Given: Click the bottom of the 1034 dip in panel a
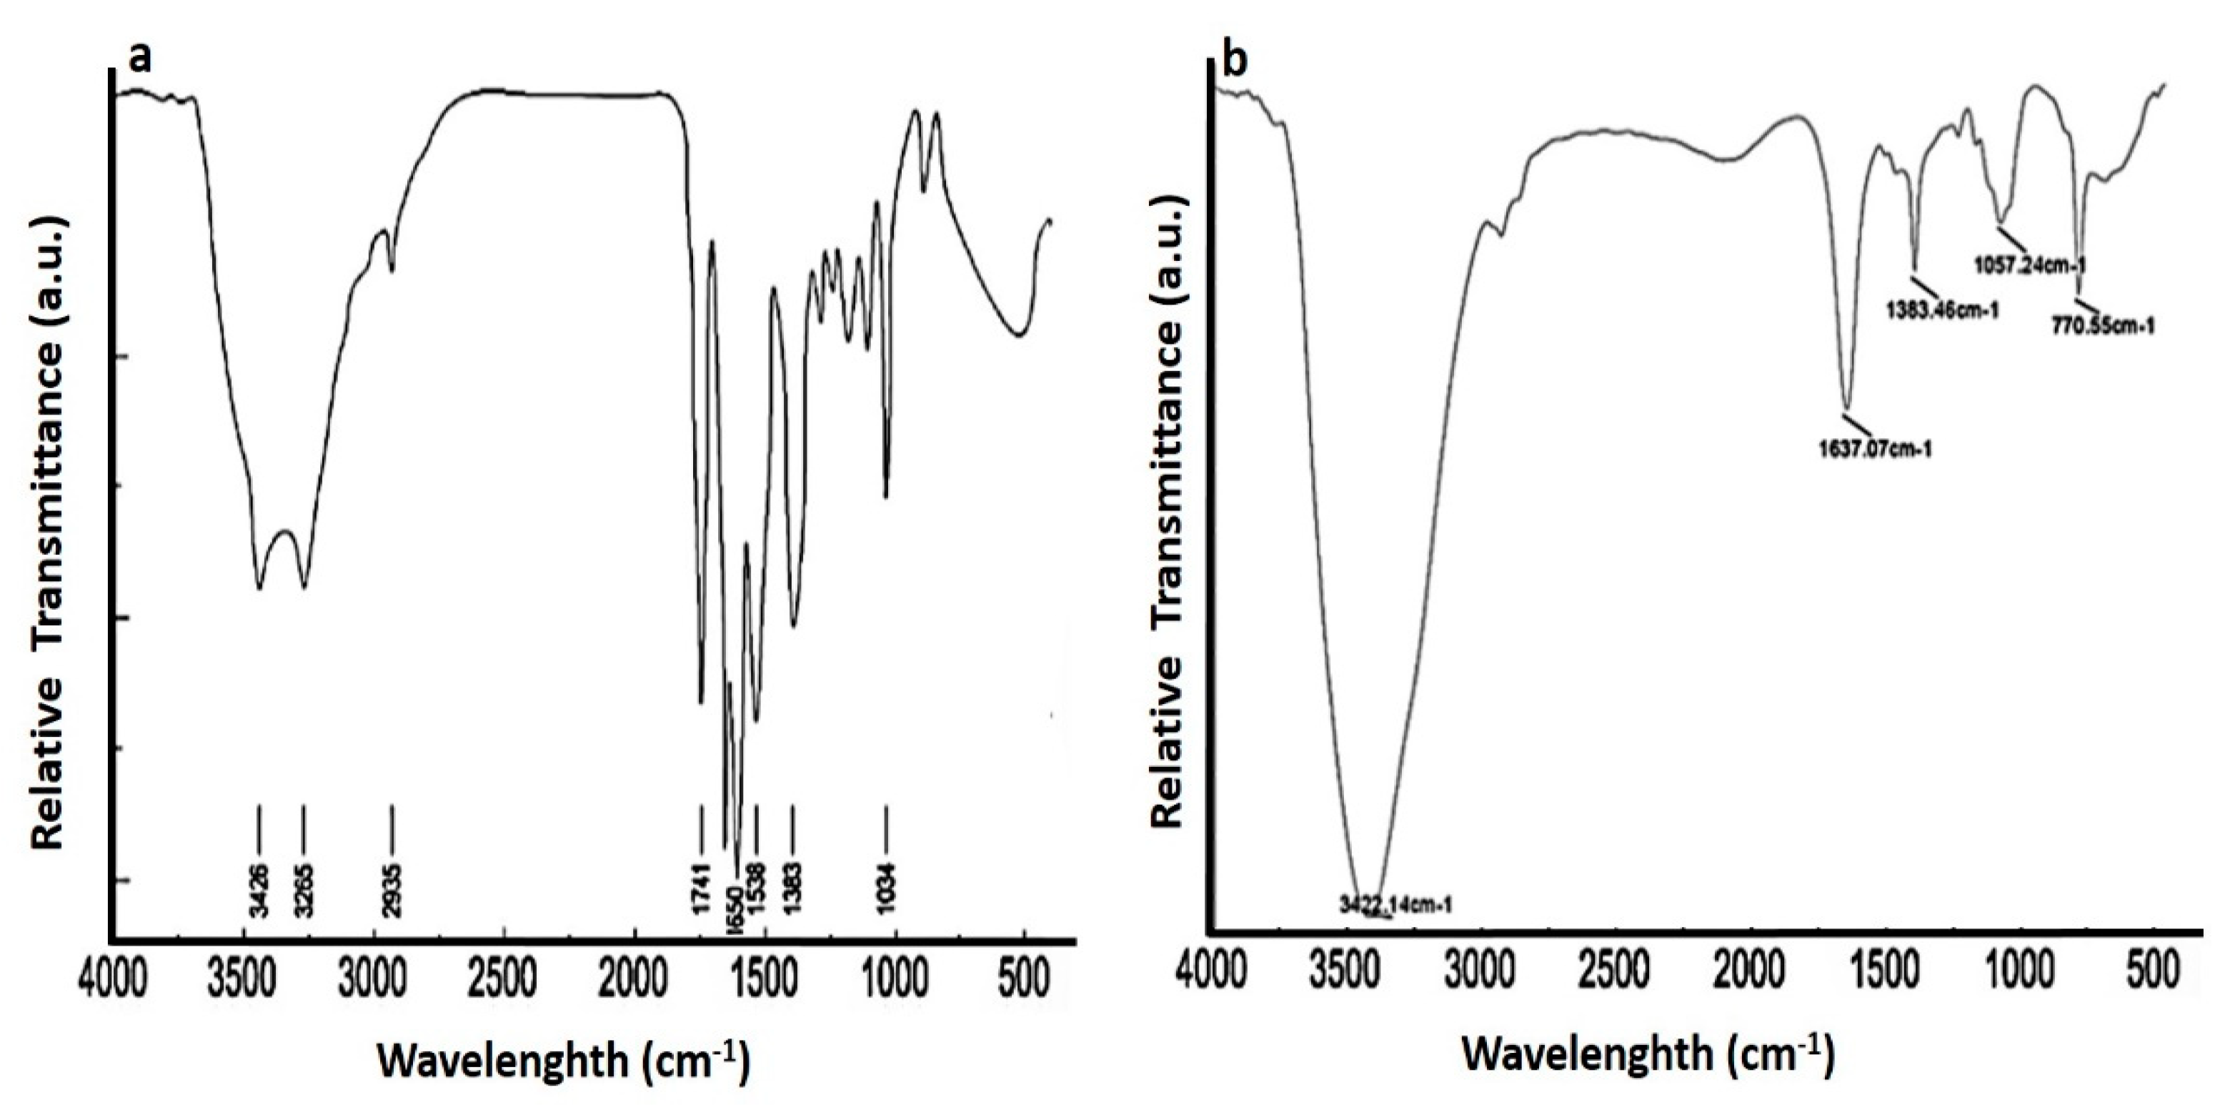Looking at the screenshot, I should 886,497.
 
